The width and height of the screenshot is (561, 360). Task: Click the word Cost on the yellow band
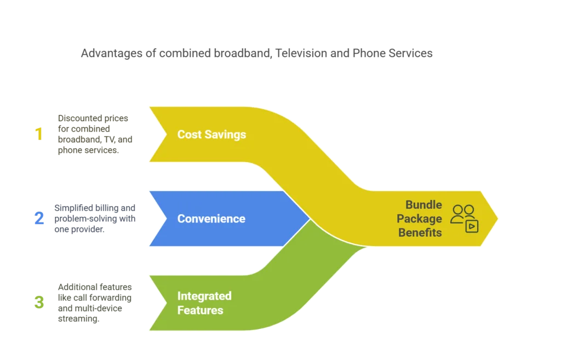coord(189,134)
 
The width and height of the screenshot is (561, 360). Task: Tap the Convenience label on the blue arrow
coord(211,219)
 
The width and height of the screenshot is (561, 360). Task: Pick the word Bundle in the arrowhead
coord(423,205)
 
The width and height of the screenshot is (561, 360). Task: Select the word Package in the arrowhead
coord(420,219)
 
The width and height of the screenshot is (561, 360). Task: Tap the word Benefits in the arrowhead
coord(420,232)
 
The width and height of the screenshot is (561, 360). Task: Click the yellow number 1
coord(39,134)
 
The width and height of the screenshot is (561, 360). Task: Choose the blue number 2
coord(38,219)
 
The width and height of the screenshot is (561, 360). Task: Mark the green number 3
coord(38,302)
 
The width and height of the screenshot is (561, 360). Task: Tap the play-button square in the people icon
coord(472,226)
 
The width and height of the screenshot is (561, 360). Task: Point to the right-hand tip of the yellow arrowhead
coord(497,219)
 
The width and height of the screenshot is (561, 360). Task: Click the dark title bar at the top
coord(256,55)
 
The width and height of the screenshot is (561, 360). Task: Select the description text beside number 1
coord(96,134)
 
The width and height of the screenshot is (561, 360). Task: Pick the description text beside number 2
coord(94,218)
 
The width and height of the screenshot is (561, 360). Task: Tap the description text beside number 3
coord(96,302)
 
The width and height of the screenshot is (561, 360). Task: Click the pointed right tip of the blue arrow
coord(310,219)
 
